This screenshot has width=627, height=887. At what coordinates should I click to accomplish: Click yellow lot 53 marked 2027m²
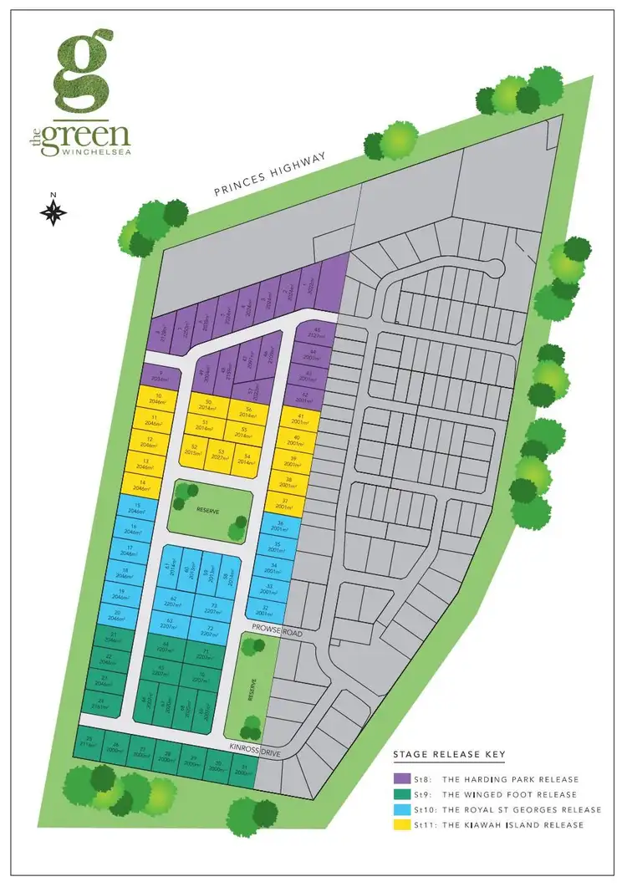point(221,454)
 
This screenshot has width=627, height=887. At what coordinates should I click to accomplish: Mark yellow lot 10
point(157,398)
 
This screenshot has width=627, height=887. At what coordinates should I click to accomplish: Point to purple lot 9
point(159,374)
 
